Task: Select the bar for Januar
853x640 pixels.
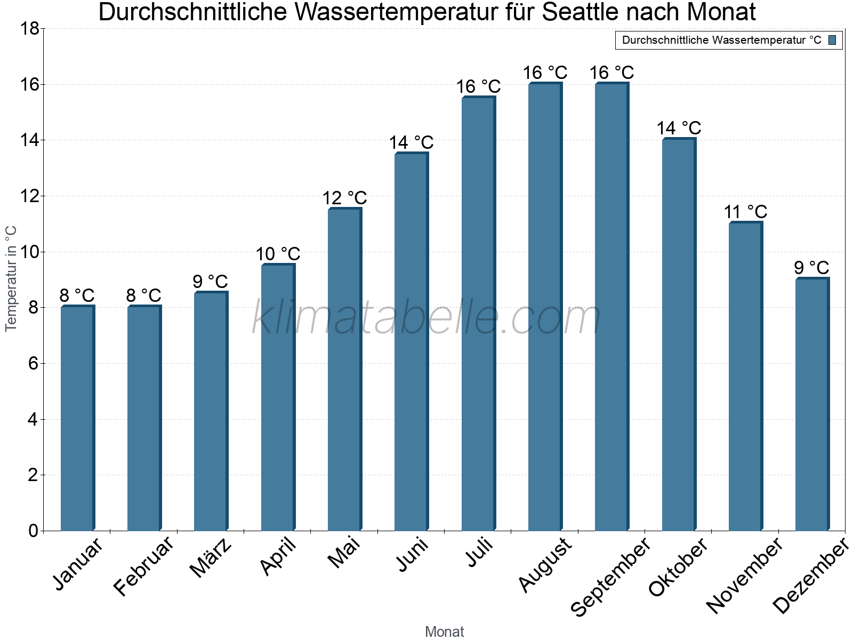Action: click(77, 419)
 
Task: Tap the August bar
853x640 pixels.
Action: click(545, 307)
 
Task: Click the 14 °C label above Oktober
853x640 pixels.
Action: click(679, 129)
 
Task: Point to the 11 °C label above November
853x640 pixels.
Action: click(745, 212)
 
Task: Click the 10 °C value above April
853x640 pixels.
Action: click(278, 254)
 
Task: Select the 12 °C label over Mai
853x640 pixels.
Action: click(344, 198)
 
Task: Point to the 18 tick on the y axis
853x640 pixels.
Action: click(30, 29)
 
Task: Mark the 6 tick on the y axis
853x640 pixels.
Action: click(33, 364)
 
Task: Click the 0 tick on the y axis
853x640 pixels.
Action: click(33, 531)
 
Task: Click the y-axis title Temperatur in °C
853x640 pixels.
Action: click(11, 278)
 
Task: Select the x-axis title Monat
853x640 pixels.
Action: click(444, 631)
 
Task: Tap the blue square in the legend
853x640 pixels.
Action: click(833, 40)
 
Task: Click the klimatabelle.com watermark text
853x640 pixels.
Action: click(426, 318)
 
